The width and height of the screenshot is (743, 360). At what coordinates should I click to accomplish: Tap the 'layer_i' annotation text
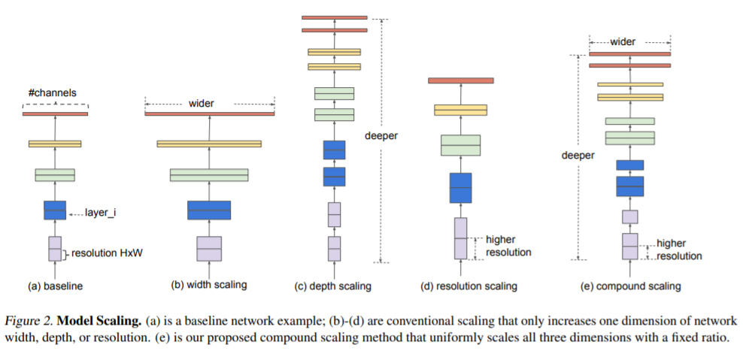pyautogui.click(x=101, y=213)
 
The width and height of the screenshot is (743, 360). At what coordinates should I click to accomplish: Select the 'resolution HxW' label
pyautogui.click(x=107, y=254)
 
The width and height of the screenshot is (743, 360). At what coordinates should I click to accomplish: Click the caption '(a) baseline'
pyautogui.click(x=56, y=286)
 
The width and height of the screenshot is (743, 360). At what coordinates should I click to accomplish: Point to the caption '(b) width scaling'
pyautogui.click(x=209, y=285)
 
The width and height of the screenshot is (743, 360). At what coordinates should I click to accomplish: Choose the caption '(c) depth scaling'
pyautogui.click(x=333, y=286)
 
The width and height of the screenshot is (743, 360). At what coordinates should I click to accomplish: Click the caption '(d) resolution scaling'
pyautogui.click(x=469, y=286)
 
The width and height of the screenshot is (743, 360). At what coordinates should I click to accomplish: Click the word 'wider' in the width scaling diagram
pyautogui.click(x=201, y=104)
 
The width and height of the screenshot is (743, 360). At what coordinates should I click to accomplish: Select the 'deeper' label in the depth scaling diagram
pyautogui.click(x=381, y=136)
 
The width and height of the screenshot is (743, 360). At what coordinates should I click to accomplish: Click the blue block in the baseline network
pyautogui.click(x=55, y=210)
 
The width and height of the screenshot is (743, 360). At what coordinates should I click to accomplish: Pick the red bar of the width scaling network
pyautogui.click(x=210, y=113)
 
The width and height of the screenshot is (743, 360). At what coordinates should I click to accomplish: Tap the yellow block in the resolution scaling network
pyautogui.click(x=460, y=110)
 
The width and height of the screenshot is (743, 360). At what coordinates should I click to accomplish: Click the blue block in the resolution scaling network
pyautogui.click(x=460, y=188)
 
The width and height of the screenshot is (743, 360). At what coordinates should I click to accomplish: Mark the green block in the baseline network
pyautogui.click(x=55, y=175)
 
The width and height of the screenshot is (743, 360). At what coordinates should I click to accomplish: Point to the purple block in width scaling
pyautogui.click(x=209, y=249)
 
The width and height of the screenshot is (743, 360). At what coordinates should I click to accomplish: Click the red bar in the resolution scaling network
pyautogui.click(x=460, y=80)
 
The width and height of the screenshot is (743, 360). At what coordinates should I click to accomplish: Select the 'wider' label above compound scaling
pyautogui.click(x=623, y=41)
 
